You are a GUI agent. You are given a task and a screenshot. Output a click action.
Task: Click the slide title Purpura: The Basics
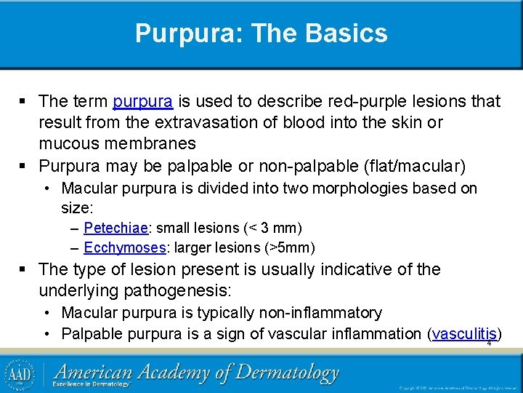(x=261, y=33)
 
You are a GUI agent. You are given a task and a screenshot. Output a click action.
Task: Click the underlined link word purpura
(x=142, y=101)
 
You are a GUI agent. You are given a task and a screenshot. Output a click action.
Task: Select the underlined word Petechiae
(x=115, y=229)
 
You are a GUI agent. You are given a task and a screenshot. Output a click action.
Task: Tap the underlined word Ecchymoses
(x=124, y=247)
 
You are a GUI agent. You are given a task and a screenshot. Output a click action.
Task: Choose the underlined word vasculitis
(x=463, y=334)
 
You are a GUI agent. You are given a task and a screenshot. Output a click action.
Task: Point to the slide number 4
(x=489, y=344)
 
